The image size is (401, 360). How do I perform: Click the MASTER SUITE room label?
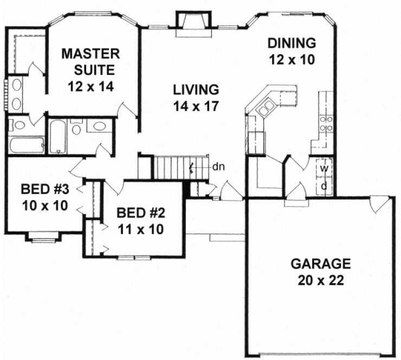90,62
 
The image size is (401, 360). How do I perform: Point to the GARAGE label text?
320,264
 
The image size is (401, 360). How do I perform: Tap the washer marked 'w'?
324,169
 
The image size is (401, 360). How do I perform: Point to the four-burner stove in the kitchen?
326,123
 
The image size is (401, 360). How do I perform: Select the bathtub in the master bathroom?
26,145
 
